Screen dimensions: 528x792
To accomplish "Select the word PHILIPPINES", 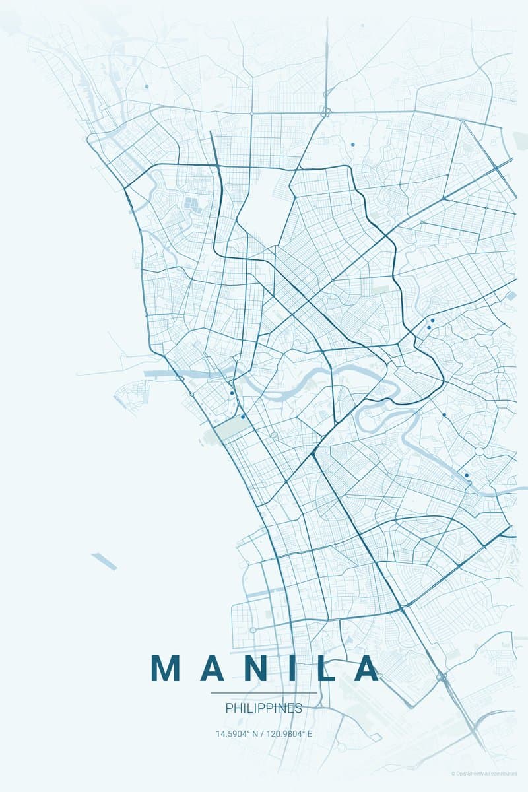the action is (x=264, y=708).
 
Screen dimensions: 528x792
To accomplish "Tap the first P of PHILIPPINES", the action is (x=228, y=708).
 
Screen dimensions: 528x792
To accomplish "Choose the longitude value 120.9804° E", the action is (x=290, y=733).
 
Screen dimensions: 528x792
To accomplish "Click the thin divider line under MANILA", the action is (x=264, y=693).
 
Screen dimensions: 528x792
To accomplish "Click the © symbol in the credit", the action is (x=453, y=774).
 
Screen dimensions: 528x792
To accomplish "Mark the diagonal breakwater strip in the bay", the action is (x=104, y=561).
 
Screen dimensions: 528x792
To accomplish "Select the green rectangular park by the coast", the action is (x=228, y=429).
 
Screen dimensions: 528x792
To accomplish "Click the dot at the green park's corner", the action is (x=243, y=416).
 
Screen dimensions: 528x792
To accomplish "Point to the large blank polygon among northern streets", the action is (x=264, y=198).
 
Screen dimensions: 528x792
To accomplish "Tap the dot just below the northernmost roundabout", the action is (x=352, y=144).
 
